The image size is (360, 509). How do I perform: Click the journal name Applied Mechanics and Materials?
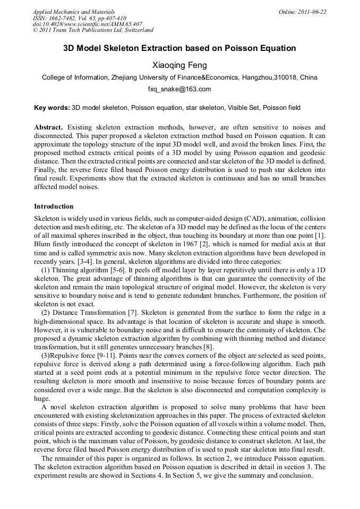coord(73,12)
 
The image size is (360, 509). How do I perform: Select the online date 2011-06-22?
coord(312,12)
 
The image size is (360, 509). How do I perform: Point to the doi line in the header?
coord(88,24)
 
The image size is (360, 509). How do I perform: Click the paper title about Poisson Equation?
coord(179,48)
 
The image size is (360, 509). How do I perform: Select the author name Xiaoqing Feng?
coord(179,65)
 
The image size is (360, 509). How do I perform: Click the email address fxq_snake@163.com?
coord(179,89)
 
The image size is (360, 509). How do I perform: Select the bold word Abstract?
coord(48,128)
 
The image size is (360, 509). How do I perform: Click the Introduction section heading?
coord(54,206)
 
